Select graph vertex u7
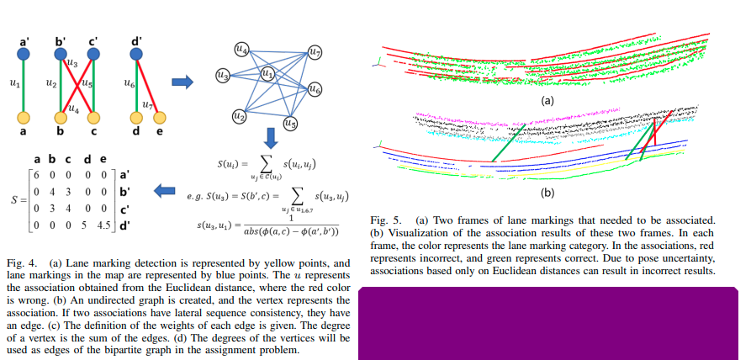315,53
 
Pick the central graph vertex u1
268,74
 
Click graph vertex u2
238,115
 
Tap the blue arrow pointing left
167,192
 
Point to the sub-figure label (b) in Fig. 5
547,193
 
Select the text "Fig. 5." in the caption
384,220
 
